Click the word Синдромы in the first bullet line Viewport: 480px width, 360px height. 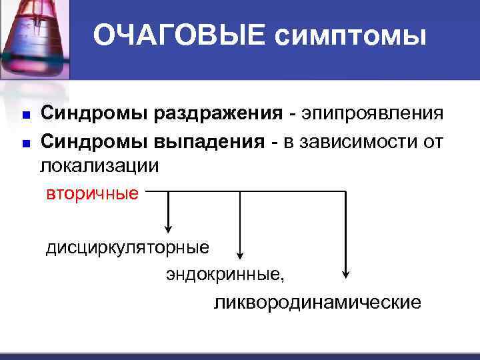pos(95,113)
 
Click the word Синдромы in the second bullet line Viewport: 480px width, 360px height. pos(95,140)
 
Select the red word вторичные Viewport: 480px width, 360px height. pos(92,193)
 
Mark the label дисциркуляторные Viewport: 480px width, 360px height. pos(127,248)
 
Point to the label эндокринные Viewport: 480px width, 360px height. pos(227,274)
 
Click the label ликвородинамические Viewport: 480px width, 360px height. pos(317,303)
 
